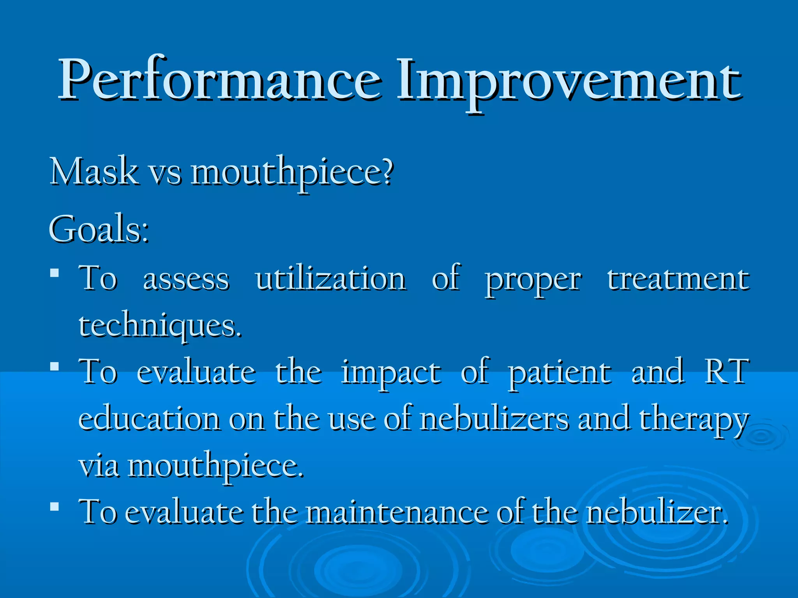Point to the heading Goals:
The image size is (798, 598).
point(99,230)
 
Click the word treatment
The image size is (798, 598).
point(678,279)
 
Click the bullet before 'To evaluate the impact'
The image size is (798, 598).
point(55,366)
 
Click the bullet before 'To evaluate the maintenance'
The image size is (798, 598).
point(55,507)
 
